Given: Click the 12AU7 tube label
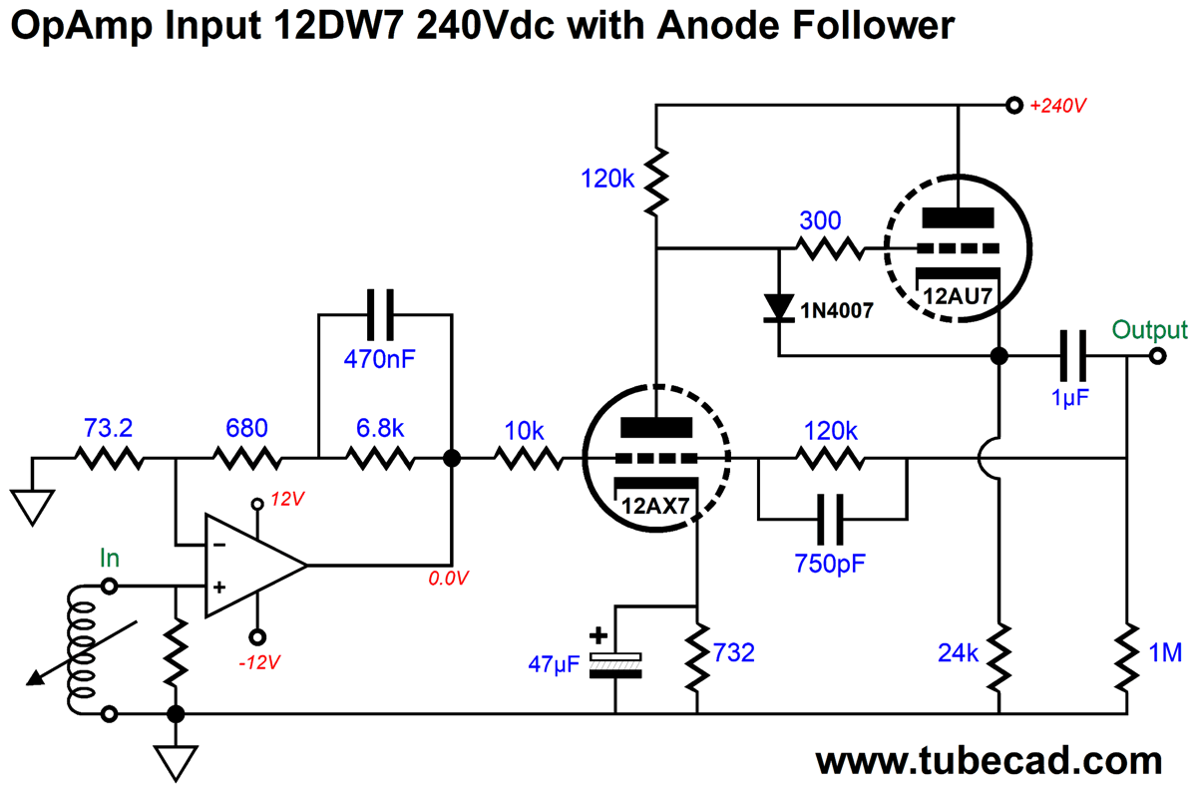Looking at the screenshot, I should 958,296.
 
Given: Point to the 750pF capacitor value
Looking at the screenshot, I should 832,562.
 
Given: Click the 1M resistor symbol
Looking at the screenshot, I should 1126,656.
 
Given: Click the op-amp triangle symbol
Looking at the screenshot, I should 249,566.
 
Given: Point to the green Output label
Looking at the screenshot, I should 1149,330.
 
